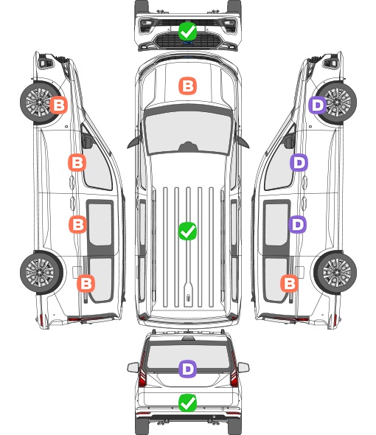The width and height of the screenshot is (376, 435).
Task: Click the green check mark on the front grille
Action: coord(187,32)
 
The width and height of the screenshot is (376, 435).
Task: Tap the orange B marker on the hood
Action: coord(187,86)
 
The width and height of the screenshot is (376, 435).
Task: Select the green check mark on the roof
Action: coord(187,231)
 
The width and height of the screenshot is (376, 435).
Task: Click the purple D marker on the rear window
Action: coord(187,369)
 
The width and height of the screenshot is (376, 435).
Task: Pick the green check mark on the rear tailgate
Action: coord(187,403)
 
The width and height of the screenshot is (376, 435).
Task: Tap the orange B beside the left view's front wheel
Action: coord(58,105)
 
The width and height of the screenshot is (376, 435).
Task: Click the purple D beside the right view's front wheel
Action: coord(318,105)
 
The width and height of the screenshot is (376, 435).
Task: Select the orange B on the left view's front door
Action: coord(77,162)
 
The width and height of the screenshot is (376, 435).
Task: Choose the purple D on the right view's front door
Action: coord(299,162)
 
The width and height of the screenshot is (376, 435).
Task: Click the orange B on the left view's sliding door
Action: coord(77,224)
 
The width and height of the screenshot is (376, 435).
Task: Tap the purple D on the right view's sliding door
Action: coord(297,224)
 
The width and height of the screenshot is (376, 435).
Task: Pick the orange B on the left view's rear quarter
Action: coord(86,284)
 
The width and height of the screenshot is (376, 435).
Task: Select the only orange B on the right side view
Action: coord(290,284)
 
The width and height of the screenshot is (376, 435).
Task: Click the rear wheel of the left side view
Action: coord(41,273)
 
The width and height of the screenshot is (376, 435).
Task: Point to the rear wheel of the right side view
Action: coord(335,273)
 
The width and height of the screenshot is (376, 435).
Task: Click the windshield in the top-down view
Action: coord(188,131)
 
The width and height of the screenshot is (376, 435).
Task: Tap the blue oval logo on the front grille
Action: coord(188,43)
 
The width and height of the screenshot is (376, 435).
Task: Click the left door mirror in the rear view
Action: coord(133,368)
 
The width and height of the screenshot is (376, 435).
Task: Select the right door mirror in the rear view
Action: coord(243,368)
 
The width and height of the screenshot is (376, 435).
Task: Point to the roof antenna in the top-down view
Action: coord(189,298)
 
